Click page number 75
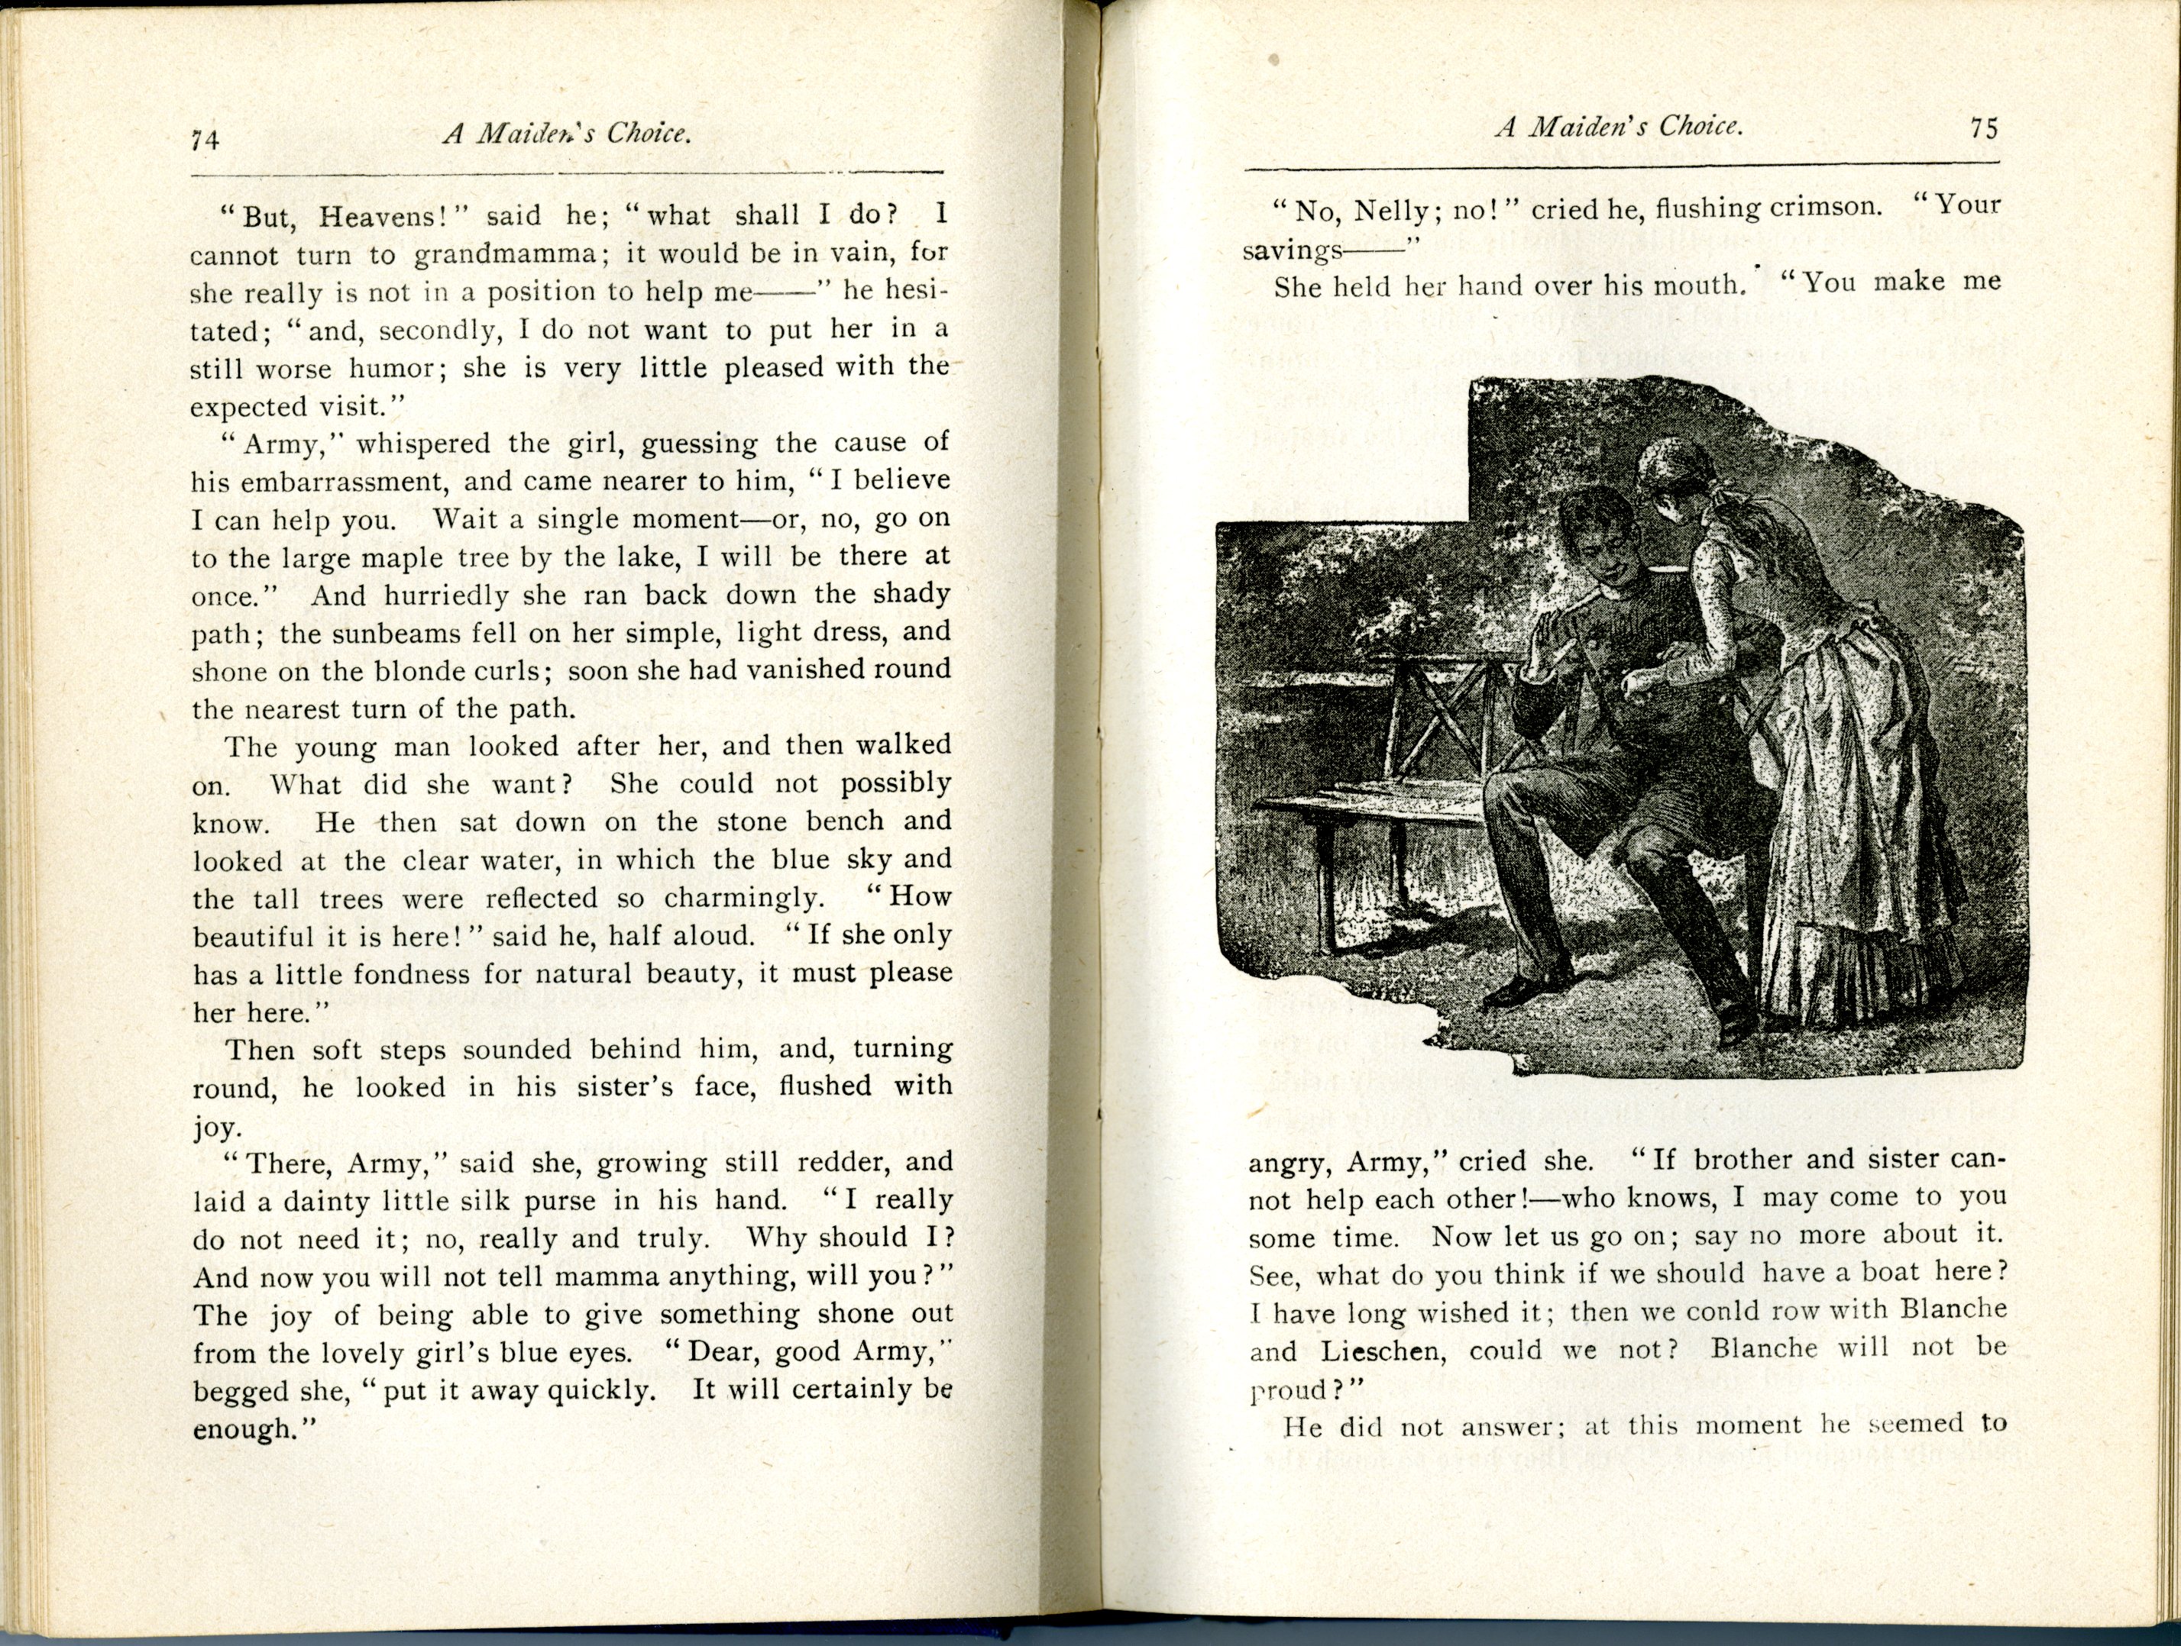click(1983, 129)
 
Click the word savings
click(1292, 250)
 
